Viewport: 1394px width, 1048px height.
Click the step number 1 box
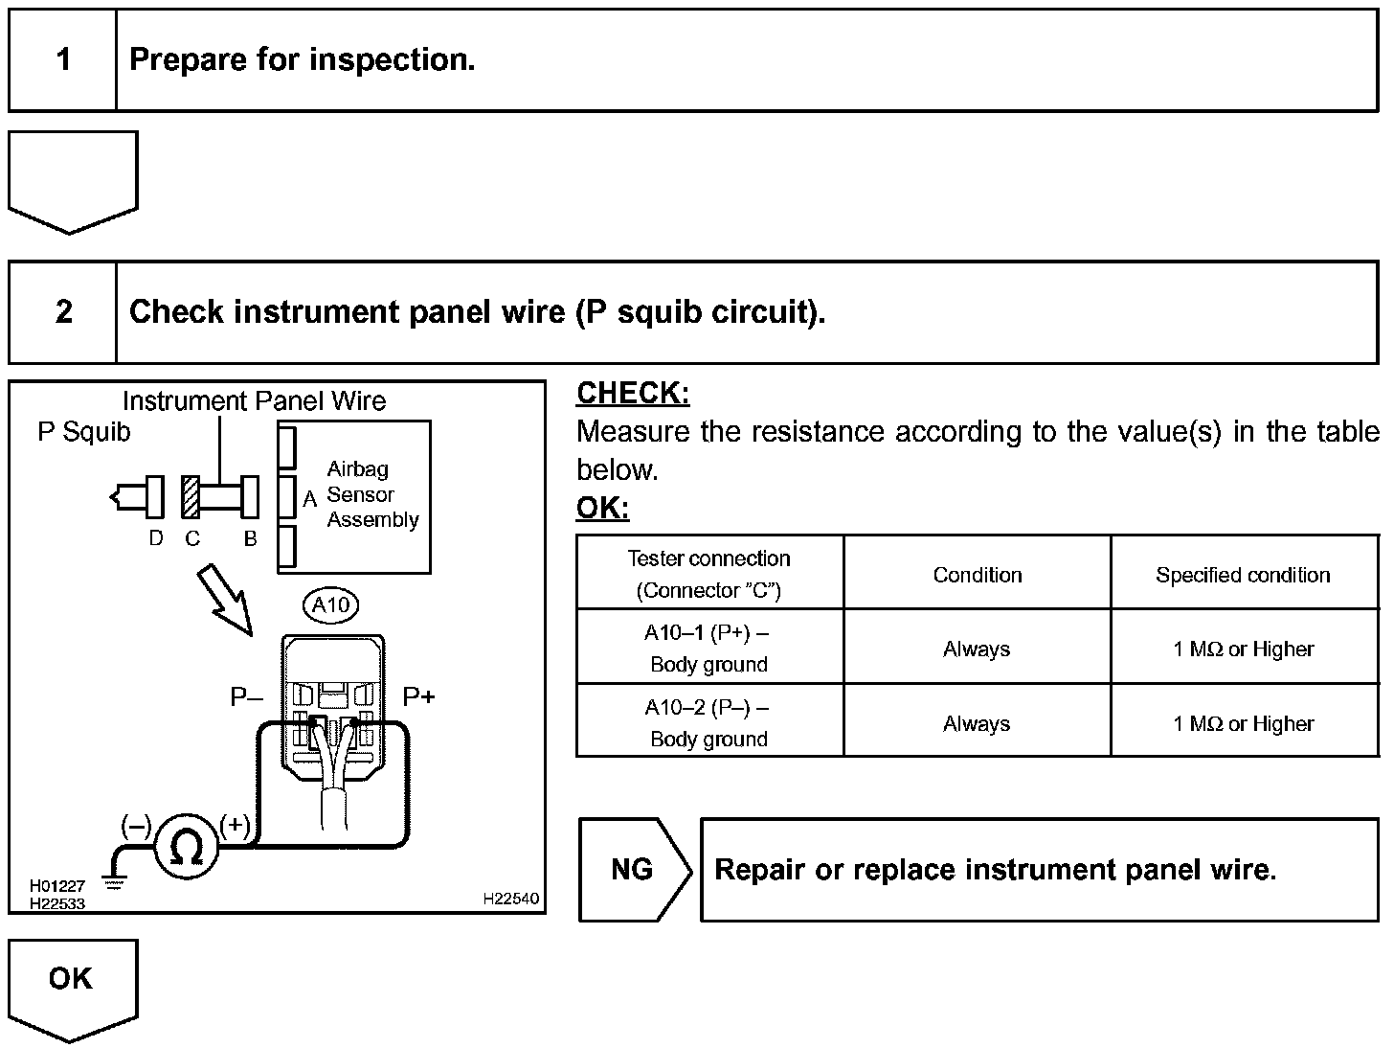point(63,60)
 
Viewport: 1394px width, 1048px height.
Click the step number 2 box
point(63,312)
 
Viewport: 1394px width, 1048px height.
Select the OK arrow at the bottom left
point(73,991)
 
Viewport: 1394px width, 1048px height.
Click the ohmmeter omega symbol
point(187,847)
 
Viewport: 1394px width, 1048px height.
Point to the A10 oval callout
point(331,604)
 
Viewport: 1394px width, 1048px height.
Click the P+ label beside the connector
point(418,696)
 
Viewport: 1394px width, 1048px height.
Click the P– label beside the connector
point(246,696)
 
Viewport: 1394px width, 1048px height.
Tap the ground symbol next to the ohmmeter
point(114,881)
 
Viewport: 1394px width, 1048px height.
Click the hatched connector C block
point(191,496)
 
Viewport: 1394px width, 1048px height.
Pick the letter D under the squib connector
point(156,538)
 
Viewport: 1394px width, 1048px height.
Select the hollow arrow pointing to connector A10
point(225,600)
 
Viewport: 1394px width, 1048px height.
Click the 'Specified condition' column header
point(1243,575)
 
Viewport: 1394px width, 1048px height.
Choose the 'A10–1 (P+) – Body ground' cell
point(708,649)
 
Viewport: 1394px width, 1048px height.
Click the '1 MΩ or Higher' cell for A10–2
point(1243,723)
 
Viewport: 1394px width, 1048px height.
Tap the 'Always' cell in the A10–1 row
point(977,649)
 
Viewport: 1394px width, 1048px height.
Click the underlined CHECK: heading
point(633,393)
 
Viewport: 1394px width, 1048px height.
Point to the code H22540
point(510,899)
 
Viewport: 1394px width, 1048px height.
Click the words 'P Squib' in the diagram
point(84,432)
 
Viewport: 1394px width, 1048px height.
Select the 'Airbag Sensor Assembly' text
point(372,494)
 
